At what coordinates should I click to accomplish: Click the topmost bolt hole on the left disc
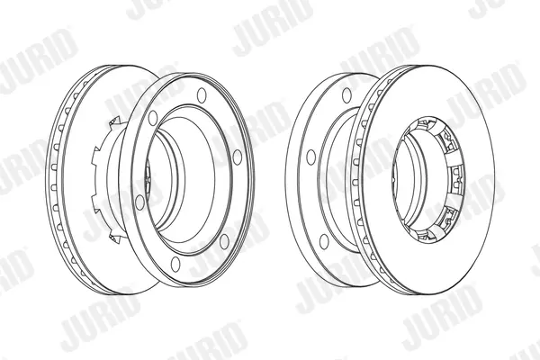[x=202, y=95]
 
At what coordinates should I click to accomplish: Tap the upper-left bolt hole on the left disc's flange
[x=153, y=118]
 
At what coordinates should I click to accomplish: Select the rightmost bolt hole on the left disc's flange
[x=238, y=157]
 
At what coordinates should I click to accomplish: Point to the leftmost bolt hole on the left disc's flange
[x=139, y=202]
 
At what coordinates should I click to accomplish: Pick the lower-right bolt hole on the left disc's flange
[x=224, y=241]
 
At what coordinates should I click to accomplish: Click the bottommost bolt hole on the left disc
[x=175, y=264]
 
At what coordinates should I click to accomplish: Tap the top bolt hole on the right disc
[x=346, y=95]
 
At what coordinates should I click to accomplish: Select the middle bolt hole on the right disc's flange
[x=311, y=157]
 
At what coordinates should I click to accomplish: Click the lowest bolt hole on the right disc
[x=324, y=241]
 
